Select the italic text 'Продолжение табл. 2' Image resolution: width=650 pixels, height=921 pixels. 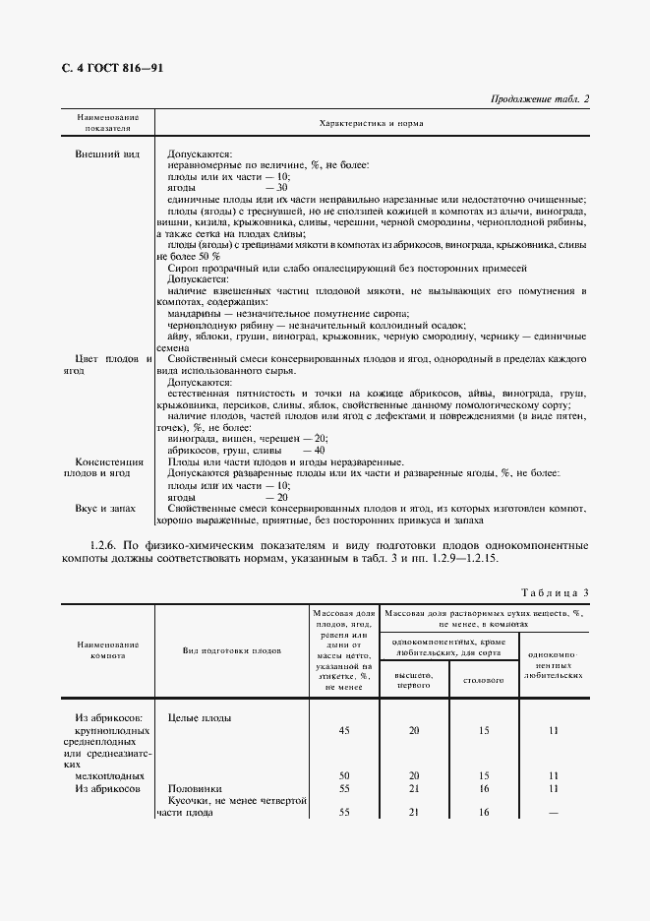click(538, 99)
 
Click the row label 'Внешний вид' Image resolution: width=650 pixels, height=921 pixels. click(106, 154)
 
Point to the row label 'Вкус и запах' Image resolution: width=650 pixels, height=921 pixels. click(105, 509)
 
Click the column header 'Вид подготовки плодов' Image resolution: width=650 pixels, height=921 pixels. click(231, 650)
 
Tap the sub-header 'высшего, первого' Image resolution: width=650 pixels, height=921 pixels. click(413, 681)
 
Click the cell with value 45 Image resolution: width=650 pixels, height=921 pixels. click(344, 731)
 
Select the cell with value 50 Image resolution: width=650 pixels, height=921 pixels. click(344, 775)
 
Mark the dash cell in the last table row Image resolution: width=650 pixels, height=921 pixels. click(555, 812)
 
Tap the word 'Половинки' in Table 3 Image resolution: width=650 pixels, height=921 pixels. click(195, 789)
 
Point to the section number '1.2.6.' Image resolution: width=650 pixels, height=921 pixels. click(104, 544)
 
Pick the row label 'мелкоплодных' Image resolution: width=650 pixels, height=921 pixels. click(106, 775)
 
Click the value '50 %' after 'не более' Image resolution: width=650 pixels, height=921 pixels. click(209, 256)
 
